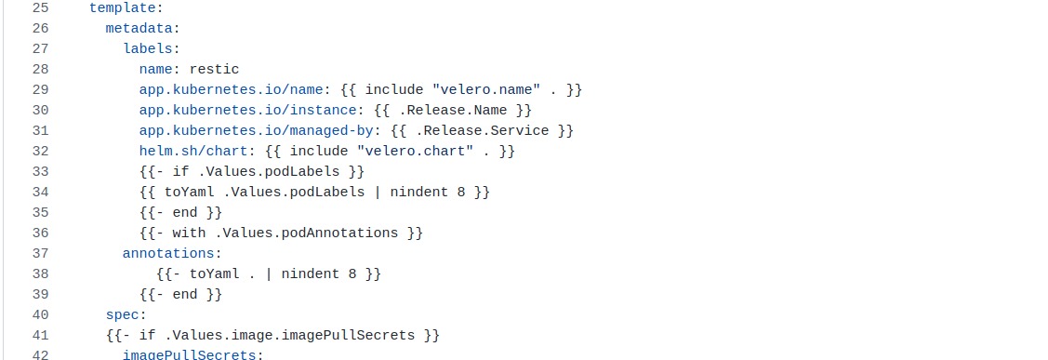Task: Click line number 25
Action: point(40,8)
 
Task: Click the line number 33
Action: point(40,171)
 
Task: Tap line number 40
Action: point(40,314)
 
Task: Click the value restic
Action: point(214,69)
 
